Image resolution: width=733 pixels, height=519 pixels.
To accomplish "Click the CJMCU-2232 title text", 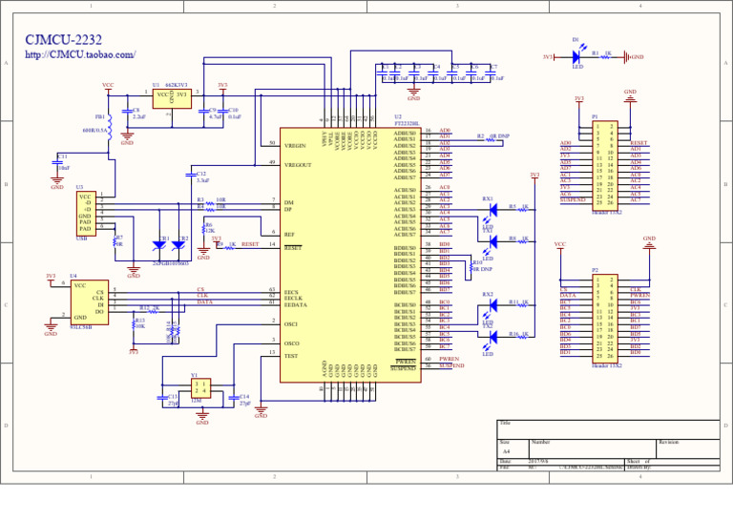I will coord(63,40).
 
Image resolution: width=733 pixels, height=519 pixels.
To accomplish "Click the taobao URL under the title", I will coord(80,55).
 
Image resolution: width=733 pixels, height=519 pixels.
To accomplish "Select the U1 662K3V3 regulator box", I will coord(172,98).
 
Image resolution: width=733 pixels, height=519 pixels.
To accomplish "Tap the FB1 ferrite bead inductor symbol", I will coord(109,125).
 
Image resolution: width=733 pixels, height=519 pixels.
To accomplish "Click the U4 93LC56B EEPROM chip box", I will coord(89,301).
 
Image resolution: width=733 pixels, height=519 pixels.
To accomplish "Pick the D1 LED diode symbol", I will coord(576,57).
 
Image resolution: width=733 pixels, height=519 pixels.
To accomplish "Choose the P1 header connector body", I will coord(604,162).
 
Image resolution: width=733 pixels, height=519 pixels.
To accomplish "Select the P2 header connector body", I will coord(604,318).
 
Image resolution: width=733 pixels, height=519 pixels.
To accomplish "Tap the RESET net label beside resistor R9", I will coord(250,244).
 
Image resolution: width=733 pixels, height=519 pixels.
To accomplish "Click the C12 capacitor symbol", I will coord(189,176).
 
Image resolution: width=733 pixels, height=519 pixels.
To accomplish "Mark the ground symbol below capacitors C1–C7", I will coord(413,94).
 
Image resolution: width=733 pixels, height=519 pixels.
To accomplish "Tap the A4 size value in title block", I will coord(507,451).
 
